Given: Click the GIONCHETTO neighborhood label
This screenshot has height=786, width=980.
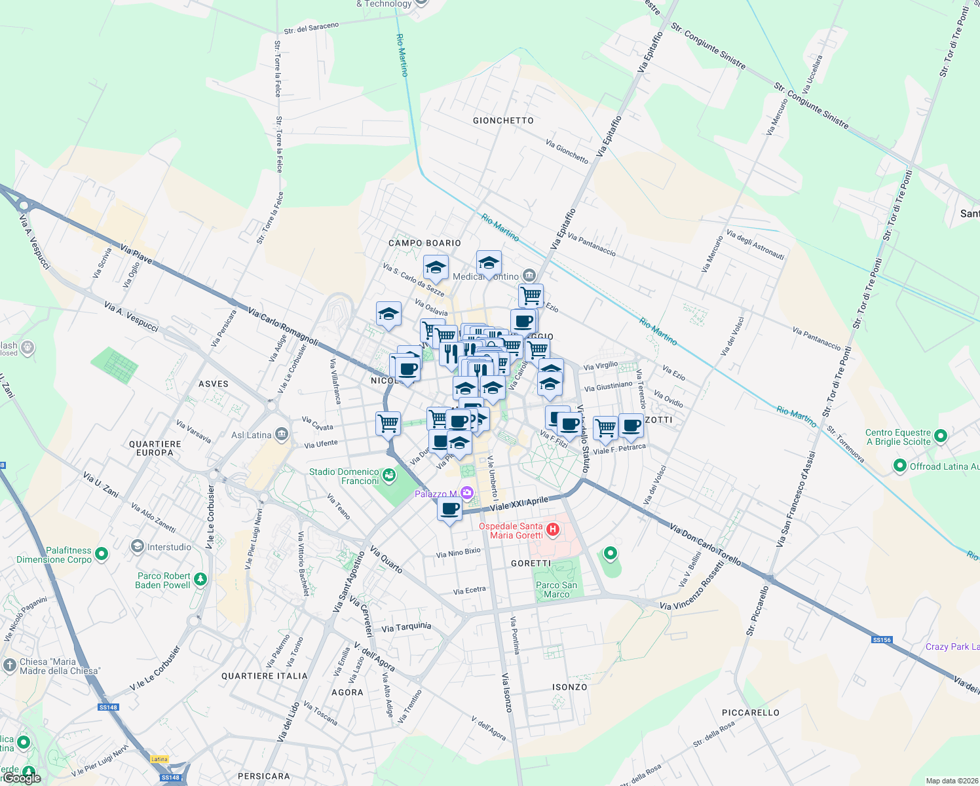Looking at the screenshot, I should [x=503, y=121].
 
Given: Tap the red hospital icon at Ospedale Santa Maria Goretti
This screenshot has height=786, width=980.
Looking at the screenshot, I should [x=553, y=529].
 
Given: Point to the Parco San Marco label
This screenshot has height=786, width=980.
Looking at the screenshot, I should [x=556, y=589].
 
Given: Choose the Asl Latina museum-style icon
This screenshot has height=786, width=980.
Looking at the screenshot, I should [x=282, y=434].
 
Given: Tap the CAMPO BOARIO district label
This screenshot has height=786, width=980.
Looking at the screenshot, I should [x=424, y=243].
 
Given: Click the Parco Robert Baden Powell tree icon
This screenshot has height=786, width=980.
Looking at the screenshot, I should [x=200, y=579].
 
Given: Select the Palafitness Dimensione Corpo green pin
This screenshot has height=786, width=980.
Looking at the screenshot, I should [x=101, y=555].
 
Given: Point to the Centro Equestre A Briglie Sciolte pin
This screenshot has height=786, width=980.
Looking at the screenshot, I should [x=941, y=436].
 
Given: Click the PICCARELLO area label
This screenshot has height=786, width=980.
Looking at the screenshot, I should [x=751, y=713].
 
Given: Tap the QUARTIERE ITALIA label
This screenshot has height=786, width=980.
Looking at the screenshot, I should [x=264, y=676].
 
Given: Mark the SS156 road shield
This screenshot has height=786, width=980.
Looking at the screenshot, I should [x=882, y=639].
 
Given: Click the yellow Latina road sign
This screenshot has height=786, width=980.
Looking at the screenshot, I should [x=159, y=759].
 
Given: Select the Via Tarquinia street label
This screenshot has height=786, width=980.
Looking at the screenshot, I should [x=406, y=627].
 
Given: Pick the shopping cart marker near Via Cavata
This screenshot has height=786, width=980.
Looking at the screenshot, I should [x=388, y=422].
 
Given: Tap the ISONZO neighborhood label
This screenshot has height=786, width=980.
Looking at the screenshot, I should [x=569, y=687].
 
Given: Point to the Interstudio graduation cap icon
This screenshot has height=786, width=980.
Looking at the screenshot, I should [x=137, y=546].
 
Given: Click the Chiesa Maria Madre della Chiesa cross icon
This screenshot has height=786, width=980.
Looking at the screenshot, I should [x=9, y=665].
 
